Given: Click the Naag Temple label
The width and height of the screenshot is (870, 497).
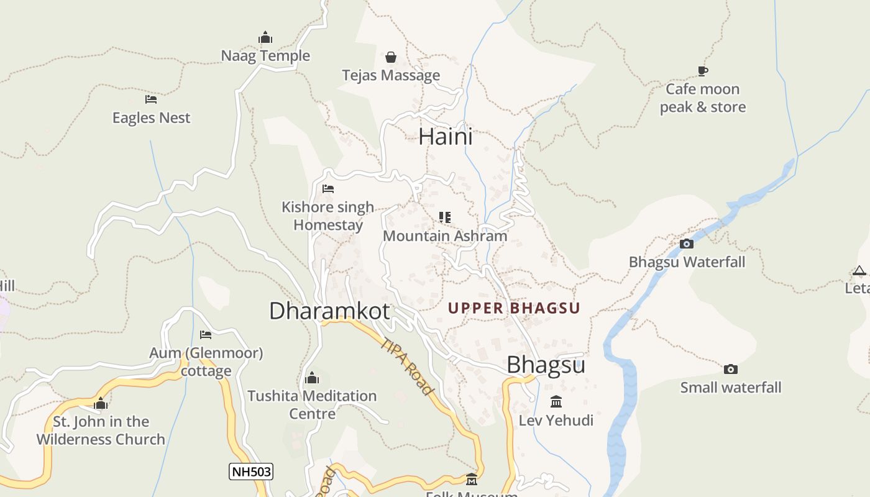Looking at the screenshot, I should (x=265, y=56).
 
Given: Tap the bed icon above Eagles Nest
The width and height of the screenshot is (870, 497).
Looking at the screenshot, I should (x=151, y=99).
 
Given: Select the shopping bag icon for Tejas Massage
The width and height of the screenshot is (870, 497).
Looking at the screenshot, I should (x=391, y=58).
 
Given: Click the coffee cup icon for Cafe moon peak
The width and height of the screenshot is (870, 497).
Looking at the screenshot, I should (x=703, y=71).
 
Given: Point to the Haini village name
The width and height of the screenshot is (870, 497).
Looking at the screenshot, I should (x=446, y=137).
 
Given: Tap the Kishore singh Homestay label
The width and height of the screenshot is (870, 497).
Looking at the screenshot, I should (x=327, y=216).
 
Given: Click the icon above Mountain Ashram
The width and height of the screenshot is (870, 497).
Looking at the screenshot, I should (x=445, y=217).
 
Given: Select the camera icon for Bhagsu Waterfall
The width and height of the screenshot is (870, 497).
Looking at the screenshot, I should (x=687, y=244).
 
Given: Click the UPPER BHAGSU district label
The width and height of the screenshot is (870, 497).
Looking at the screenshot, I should (x=514, y=308).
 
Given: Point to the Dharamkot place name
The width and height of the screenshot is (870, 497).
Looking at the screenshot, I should (x=329, y=311).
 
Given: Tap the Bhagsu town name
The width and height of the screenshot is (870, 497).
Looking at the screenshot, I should (x=546, y=365).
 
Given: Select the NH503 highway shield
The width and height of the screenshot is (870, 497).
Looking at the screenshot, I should (x=251, y=472).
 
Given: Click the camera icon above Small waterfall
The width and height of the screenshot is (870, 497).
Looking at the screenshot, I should (x=731, y=370).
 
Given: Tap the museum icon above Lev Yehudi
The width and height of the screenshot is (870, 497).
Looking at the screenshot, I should (x=556, y=402).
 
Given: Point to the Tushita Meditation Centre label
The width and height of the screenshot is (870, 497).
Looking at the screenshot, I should (x=312, y=404).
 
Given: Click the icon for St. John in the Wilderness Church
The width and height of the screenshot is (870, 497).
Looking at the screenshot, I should (x=101, y=404).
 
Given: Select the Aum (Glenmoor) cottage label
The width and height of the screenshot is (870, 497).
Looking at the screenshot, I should (x=206, y=362).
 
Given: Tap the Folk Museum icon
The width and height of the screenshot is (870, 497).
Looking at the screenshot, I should (x=472, y=480).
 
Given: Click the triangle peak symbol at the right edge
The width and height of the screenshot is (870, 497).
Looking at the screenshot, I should (x=859, y=270).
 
